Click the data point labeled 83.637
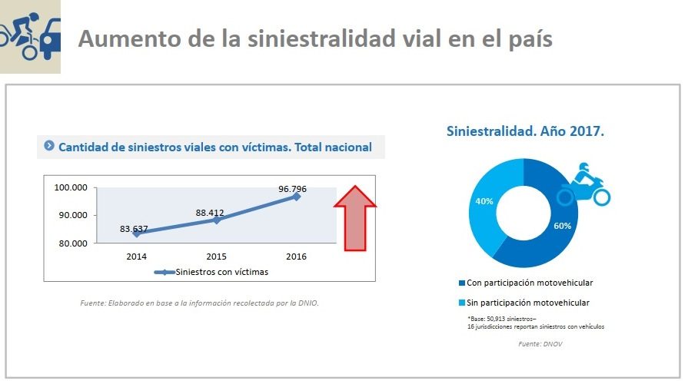click(137, 233)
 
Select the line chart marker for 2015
click(217, 220)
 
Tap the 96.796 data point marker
click(296, 197)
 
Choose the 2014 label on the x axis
click(137, 257)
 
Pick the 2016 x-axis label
click(296, 257)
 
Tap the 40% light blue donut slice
click(485, 202)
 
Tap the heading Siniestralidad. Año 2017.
click(525, 131)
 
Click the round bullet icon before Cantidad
click(49, 146)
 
